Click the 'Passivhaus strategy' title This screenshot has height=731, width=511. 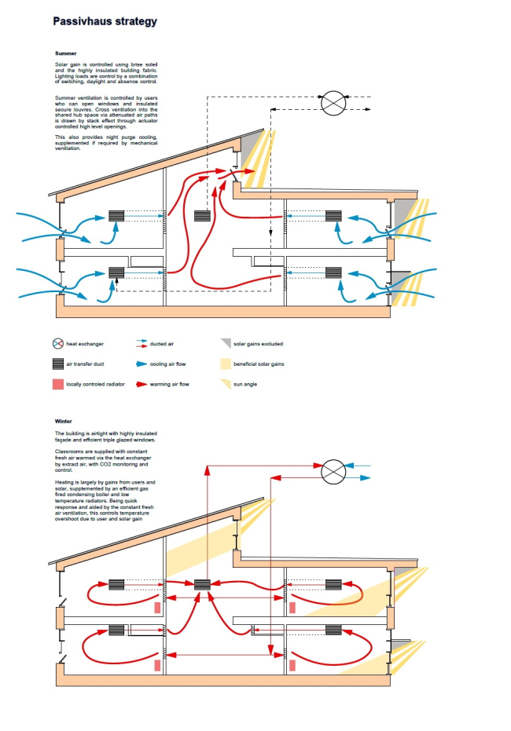click(x=105, y=22)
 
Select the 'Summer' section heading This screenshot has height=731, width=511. click(x=65, y=53)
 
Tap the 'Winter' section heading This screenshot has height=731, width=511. click(x=63, y=422)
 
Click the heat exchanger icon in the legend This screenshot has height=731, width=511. click(x=57, y=344)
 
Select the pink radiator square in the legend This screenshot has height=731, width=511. click(x=57, y=384)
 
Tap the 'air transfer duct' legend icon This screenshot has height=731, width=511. click(x=57, y=364)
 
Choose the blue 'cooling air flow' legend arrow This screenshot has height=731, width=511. click(x=142, y=364)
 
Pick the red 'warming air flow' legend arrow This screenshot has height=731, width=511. click(x=142, y=385)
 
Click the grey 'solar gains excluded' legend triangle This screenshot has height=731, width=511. click(x=226, y=344)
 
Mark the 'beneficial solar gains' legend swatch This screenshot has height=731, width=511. click(x=226, y=364)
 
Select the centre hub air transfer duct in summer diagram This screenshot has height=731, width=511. click(x=202, y=215)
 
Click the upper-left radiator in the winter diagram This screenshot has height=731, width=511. click(x=158, y=608)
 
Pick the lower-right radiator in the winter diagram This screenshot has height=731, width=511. click(x=292, y=664)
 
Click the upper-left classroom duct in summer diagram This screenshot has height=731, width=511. click(x=117, y=215)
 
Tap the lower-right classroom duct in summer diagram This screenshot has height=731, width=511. click(x=333, y=273)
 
